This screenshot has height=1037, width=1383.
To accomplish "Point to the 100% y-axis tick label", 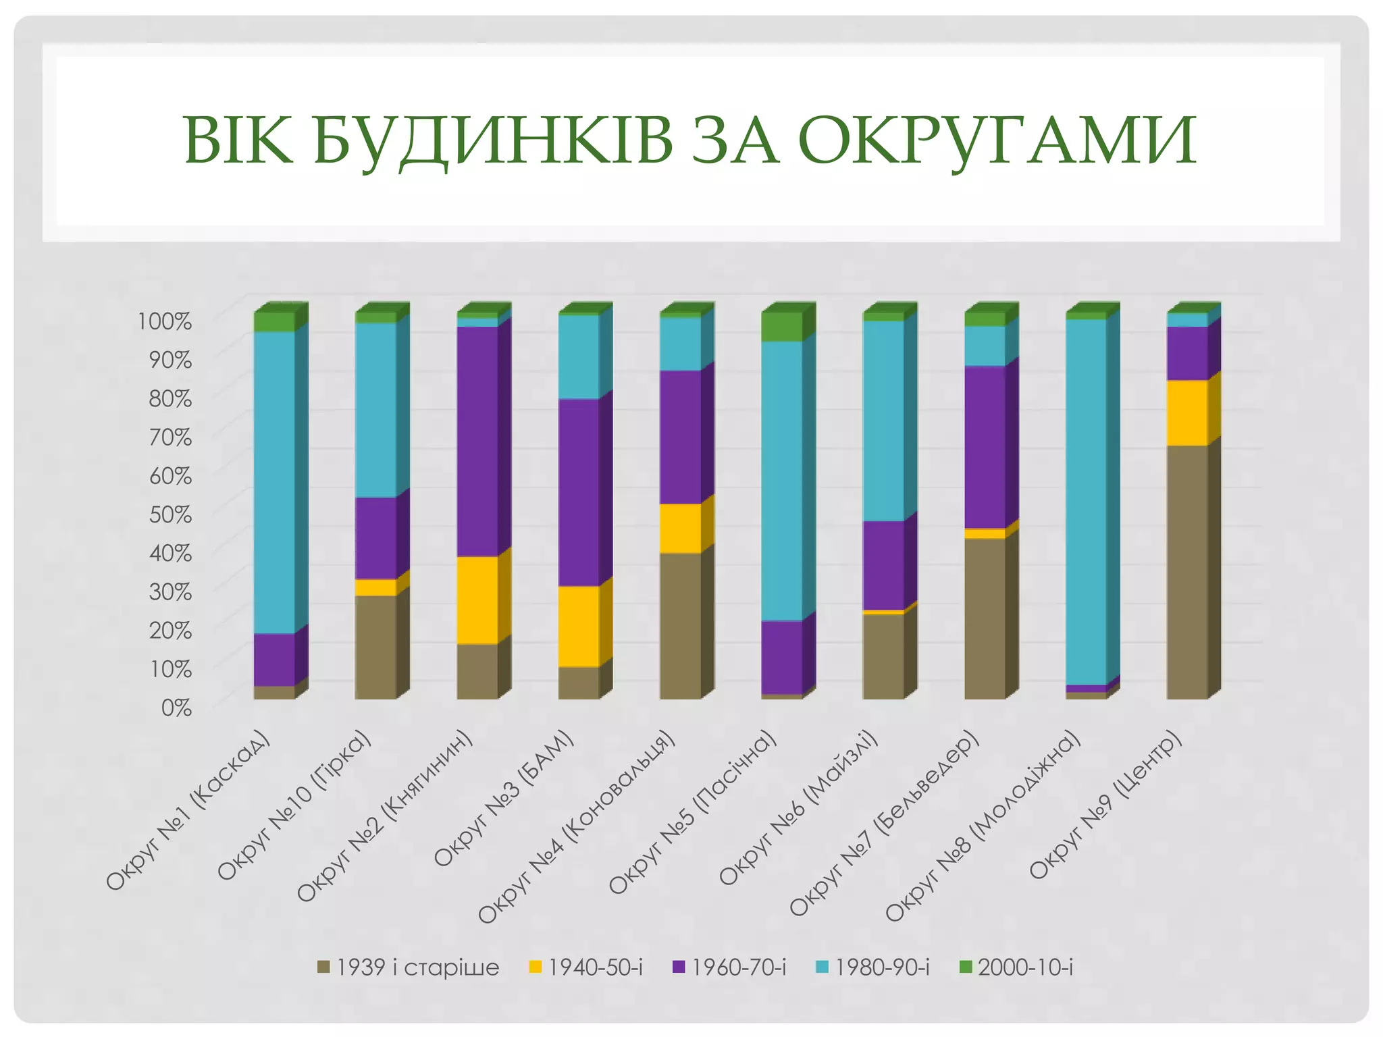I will [x=165, y=321].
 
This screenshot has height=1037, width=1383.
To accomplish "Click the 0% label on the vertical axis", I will [x=176, y=708].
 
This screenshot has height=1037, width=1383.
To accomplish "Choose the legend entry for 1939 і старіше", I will [x=408, y=967].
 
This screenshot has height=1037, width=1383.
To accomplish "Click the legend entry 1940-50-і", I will [x=586, y=967].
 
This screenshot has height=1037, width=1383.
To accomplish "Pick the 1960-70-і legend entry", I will [x=729, y=967].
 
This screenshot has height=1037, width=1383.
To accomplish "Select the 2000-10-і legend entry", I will [x=1016, y=967].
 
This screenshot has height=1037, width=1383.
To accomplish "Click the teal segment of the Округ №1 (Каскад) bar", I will [x=274, y=482].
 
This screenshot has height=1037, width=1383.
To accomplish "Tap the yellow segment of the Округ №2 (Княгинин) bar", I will [x=477, y=600].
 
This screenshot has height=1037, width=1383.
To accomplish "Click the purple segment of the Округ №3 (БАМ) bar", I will [x=579, y=492].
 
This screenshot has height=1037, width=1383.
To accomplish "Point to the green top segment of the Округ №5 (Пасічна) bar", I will [x=781, y=327].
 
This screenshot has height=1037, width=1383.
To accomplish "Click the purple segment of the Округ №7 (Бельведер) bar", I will [x=985, y=447].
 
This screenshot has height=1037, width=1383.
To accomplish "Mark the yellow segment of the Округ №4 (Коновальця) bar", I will [x=680, y=529].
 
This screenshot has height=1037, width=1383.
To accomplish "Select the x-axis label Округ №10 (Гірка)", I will [x=294, y=806].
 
